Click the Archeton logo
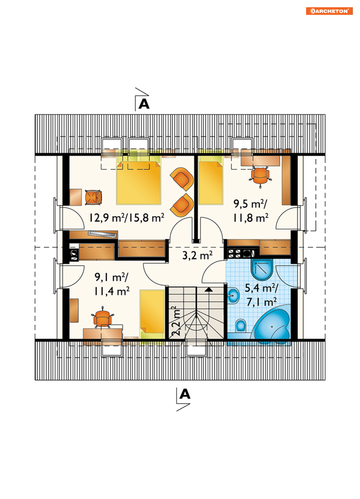[329, 11]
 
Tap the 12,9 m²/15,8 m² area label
[127, 218]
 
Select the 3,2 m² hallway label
[197, 255]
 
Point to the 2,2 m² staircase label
[176, 321]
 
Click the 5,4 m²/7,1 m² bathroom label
[262, 295]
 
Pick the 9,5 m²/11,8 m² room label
[251, 211]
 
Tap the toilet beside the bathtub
[241, 326]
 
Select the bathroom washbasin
[233, 296]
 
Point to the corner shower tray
[262, 269]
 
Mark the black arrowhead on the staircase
[209, 290]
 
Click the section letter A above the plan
[144, 104]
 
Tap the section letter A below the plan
[185, 394]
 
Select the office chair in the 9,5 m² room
[260, 176]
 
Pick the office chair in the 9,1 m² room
[102, 318]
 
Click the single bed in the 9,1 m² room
[152, 315]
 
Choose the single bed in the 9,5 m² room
[210, 180]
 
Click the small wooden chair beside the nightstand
[93, 197]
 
